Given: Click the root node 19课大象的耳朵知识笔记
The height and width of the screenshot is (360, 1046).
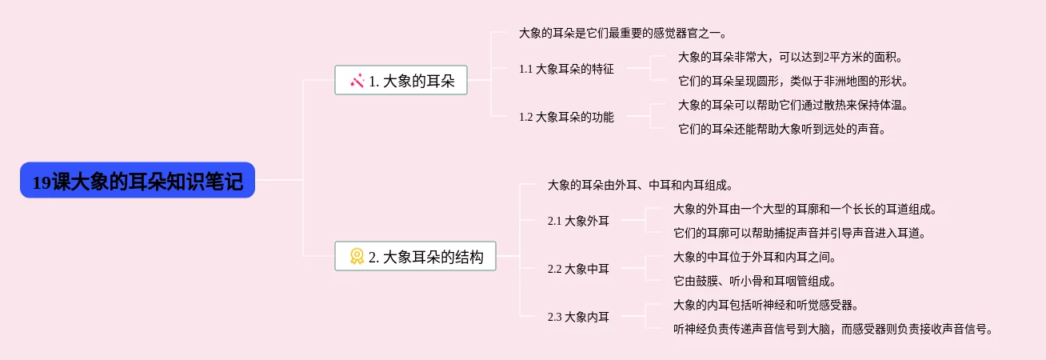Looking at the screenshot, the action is (138, 182).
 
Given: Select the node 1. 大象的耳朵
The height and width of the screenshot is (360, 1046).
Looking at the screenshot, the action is (401, 80).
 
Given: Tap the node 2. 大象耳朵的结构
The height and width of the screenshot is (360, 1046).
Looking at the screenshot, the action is (415, 256).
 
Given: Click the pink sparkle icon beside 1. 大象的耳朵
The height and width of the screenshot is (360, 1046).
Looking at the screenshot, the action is (357, 80).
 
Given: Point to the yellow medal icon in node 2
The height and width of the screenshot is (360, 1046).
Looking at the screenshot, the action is (357, 256).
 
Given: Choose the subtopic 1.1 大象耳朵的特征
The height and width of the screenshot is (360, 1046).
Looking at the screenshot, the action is (566, 69).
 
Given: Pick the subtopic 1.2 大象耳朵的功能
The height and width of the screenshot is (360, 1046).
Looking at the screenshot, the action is (566, 117).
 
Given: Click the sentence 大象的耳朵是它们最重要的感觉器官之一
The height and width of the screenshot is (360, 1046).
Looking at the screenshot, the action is (622, 33).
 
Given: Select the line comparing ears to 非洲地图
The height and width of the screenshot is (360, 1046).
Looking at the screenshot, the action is (793, 81).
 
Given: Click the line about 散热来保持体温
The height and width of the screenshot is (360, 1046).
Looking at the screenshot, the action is (793, 105).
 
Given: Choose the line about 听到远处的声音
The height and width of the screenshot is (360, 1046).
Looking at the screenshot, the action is (781, 129).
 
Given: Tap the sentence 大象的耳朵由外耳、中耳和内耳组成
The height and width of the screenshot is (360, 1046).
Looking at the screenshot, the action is (640, 185).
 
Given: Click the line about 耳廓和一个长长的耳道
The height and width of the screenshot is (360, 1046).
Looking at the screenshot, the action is (804, 210).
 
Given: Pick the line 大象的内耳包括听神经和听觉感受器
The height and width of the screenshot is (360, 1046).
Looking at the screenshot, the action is (766, 305).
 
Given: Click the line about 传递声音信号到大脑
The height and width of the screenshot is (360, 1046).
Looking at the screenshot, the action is (834, 329).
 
